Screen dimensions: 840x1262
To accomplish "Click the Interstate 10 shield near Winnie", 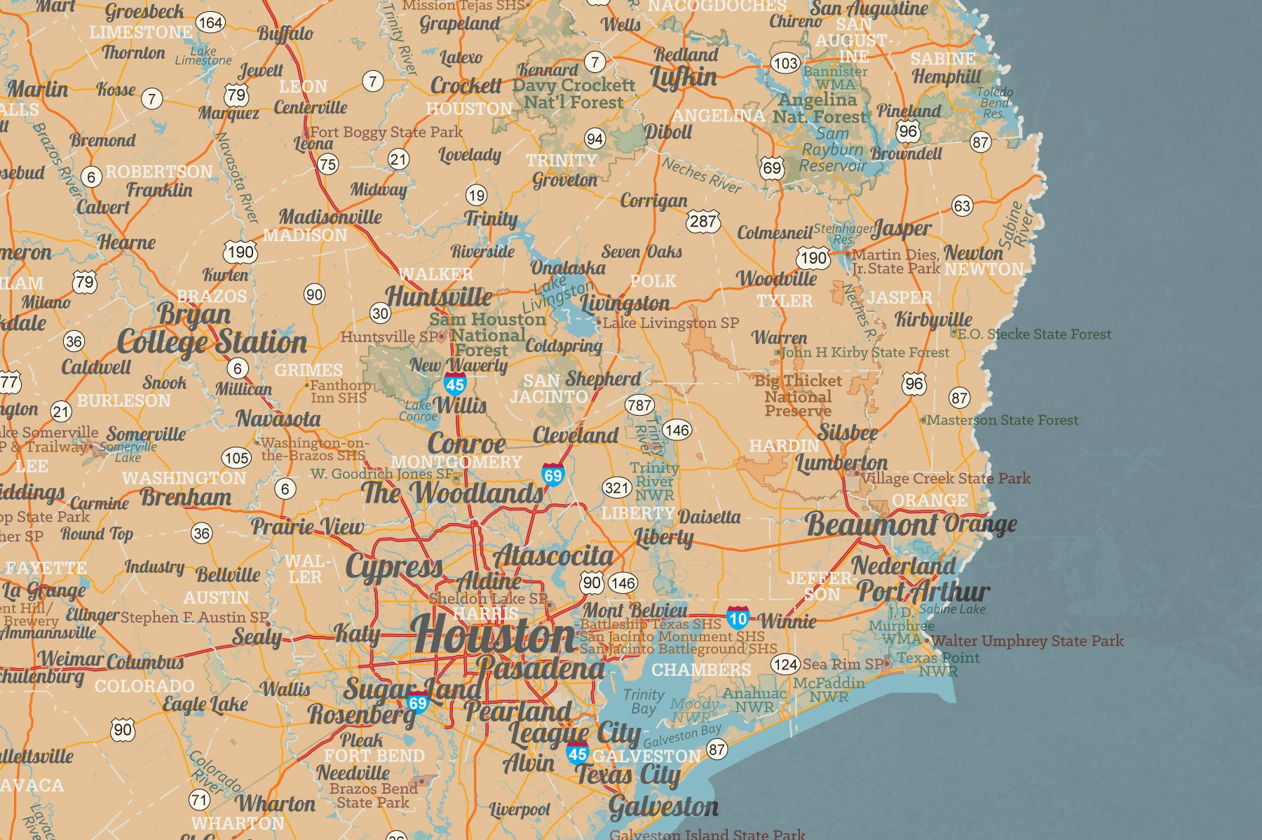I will click(x=738, y=618).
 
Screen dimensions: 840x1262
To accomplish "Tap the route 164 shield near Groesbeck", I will click(x=210, y=22).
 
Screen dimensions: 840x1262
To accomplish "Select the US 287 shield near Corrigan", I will click(x=703, y=222).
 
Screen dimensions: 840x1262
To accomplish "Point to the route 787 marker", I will click(x=639, y=405).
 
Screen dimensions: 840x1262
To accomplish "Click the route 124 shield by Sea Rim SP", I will click(x=786, y=663).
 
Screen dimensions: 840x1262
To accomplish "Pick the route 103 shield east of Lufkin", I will click(x=785, y=63).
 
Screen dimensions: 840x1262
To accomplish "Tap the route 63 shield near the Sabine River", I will click(x=962, y=205).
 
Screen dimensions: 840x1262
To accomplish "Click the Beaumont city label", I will click(x=871, y=524).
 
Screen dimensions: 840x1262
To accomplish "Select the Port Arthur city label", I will click(x=923, y=591).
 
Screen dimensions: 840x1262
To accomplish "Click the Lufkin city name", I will click(x=684, y=77).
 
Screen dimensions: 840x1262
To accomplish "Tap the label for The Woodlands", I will click(x=452, y=493).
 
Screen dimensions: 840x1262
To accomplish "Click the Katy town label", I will click(x=358, y=633).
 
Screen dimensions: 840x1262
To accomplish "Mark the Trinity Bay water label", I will click(x=643, y=700).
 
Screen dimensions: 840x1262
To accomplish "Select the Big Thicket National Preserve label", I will click(x=798, y=395).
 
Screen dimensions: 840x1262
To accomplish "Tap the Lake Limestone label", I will click(x=203, y=55).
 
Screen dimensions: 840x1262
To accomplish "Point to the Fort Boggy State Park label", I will click(x=386, y=132).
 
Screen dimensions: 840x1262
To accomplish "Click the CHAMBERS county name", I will click(x=701, y=670).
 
